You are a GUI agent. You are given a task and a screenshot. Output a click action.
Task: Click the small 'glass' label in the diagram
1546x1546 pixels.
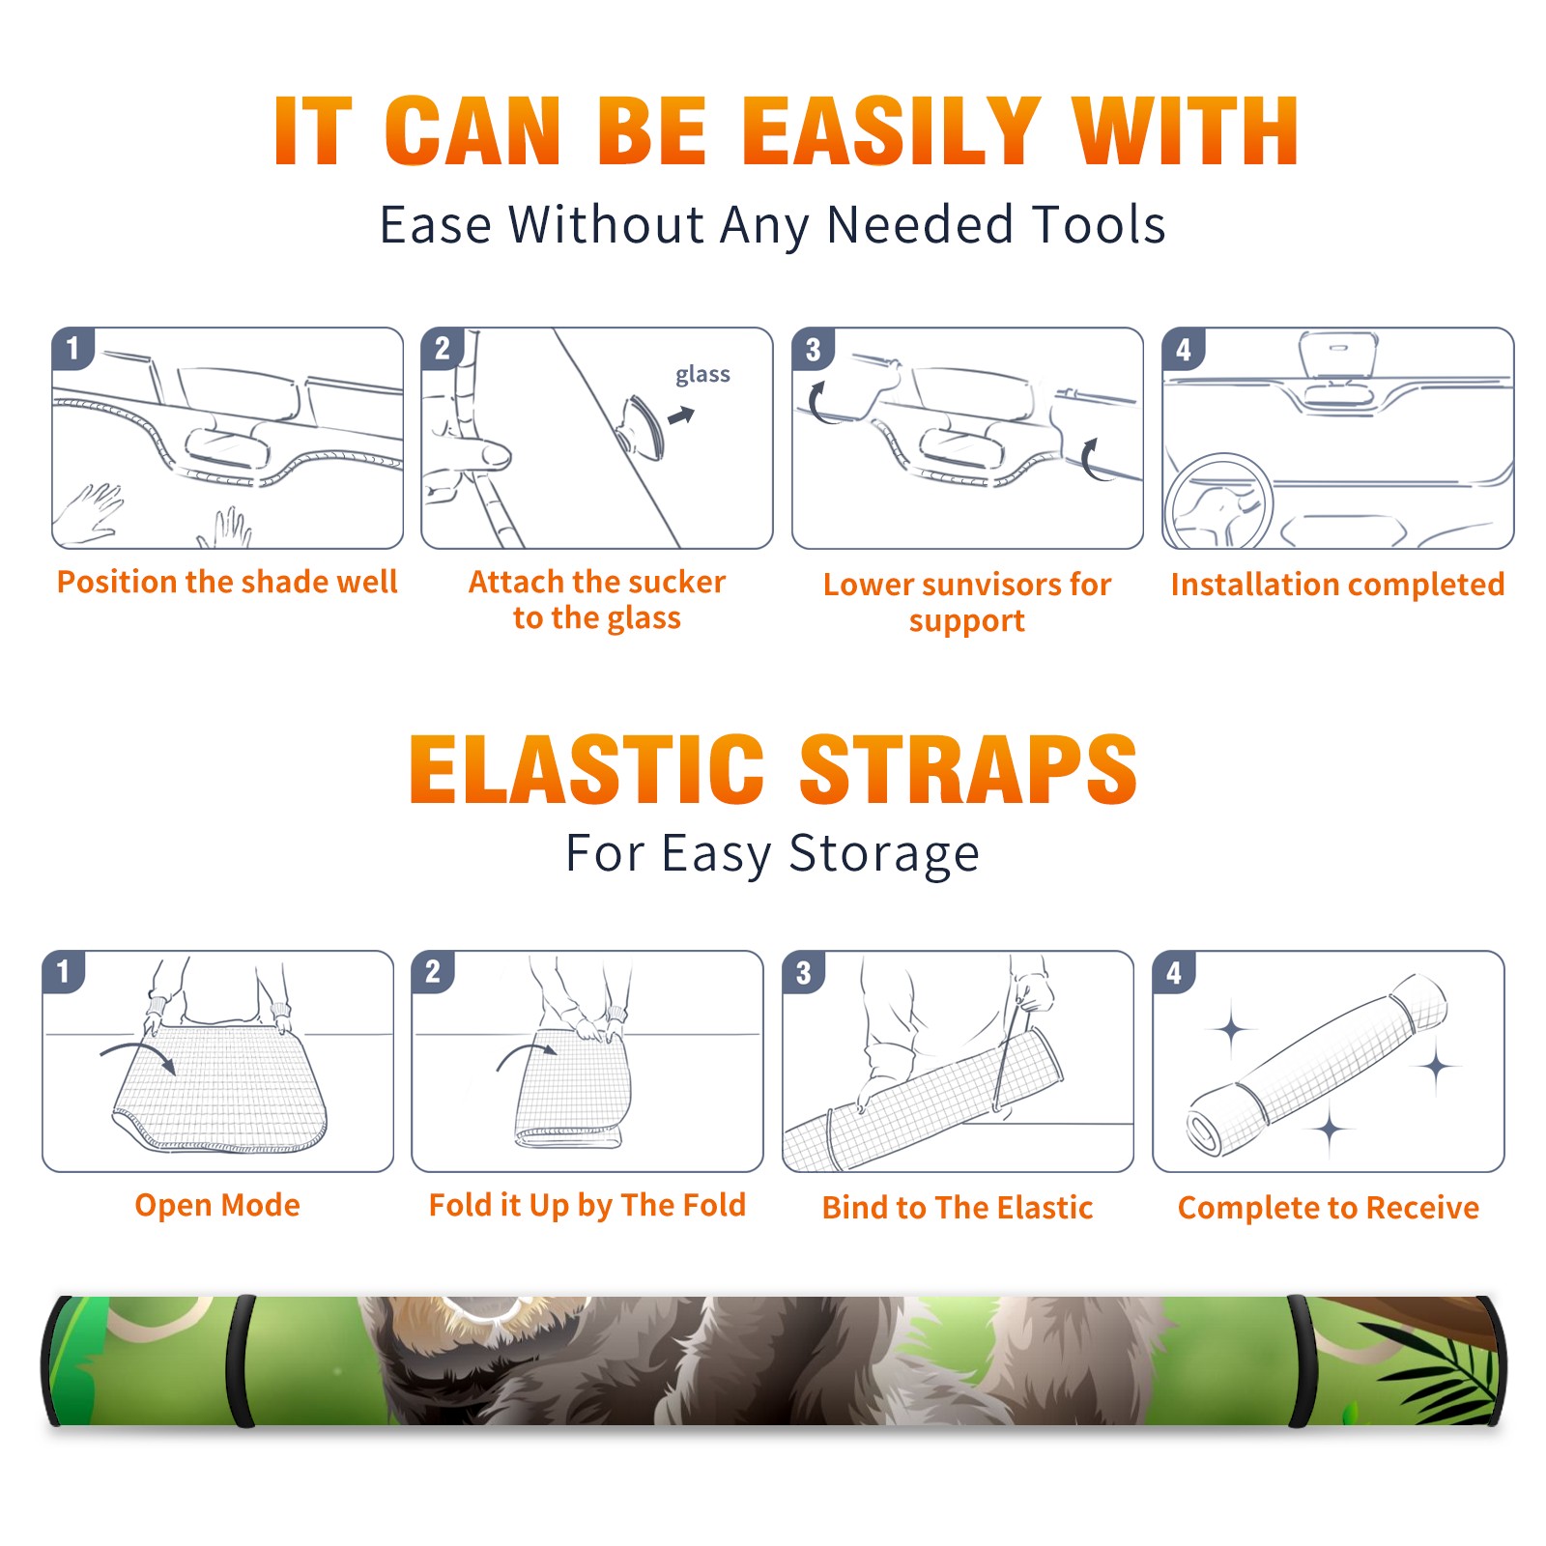[702, 375]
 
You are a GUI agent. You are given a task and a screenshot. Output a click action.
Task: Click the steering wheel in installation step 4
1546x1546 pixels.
[1218, 501]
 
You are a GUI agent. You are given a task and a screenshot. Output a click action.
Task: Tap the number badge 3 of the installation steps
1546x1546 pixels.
[813, 349]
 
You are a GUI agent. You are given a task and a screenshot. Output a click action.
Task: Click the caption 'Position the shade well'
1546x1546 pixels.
[227, 582]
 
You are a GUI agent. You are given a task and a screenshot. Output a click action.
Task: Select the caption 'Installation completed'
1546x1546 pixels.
[1337, 584]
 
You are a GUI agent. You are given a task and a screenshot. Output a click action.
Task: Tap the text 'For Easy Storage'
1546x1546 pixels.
[773, 853]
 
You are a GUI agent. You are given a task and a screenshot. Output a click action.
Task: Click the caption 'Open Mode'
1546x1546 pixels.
[217, 1205]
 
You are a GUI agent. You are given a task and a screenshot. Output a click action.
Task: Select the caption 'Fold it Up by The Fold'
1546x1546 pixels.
[587, 1205]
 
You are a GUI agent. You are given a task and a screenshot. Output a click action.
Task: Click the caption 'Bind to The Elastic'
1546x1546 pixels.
[958, 1207]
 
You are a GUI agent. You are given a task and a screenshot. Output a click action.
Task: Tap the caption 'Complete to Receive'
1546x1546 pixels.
[1329, 1207]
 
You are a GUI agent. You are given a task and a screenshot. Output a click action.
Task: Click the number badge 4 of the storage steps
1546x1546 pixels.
[1174, 972]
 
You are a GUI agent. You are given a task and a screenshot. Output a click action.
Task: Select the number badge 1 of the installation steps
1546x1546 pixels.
[72, 348]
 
